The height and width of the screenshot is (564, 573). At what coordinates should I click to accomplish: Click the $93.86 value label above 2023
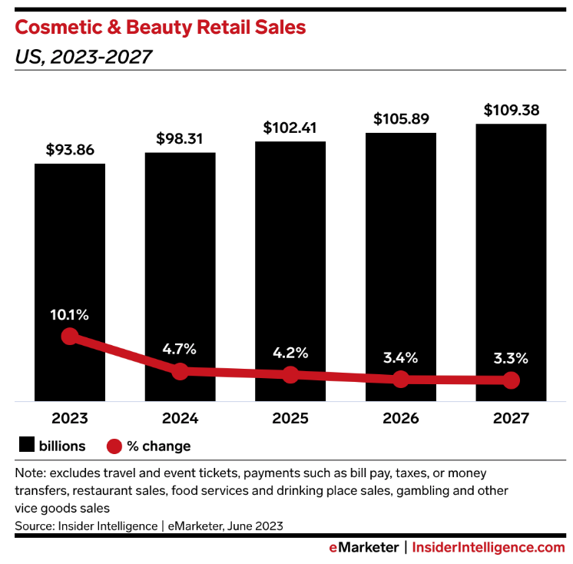pos(69,150)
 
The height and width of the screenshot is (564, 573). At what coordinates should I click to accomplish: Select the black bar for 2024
pos(180,254)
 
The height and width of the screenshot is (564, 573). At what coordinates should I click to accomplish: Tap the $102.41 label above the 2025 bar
pos(290,128)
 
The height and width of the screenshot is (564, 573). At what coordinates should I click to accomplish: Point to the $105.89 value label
pos(401,119)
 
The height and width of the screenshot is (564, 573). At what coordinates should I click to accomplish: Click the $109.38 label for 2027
pos(511,110)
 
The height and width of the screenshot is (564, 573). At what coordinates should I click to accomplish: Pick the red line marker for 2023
pos(70,337)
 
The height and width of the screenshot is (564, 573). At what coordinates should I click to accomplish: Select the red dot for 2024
pos(180,371)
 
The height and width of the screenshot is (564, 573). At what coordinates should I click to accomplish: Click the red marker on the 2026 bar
pos(401,379)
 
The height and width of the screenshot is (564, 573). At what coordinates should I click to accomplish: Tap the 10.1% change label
pos(70,314)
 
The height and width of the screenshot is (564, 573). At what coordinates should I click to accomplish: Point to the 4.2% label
pos(290,353)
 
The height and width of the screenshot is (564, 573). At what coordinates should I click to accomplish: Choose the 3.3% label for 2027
pos(511,357)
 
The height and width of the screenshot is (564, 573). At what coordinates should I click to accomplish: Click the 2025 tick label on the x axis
pos(290,419)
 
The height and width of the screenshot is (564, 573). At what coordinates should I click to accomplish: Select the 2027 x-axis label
pos(511,419)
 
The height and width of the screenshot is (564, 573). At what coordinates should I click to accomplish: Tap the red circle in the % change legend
pos(114,446)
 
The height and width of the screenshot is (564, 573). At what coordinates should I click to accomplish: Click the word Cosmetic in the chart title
pos(58,28)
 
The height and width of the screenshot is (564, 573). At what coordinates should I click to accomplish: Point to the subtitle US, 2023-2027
pos(83,58)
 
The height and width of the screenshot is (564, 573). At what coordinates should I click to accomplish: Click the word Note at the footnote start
pos(29,473)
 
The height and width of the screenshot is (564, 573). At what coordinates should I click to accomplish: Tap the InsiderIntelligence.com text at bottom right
pos(489,547)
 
